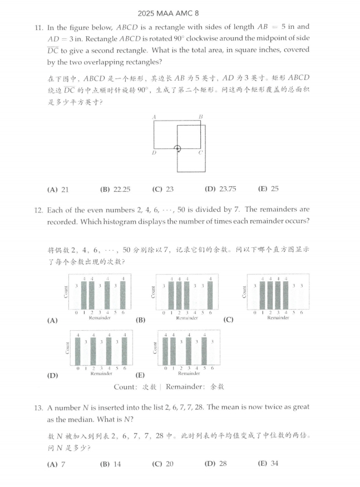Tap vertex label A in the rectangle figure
[153, 117]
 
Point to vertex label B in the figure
[200, 117]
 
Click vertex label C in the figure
[200, 152]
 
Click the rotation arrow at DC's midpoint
[177, 148]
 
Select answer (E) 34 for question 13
[268, 463]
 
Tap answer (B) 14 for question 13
[111, 463]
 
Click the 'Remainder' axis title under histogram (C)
[278, 318]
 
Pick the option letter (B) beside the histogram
[140, 321]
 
